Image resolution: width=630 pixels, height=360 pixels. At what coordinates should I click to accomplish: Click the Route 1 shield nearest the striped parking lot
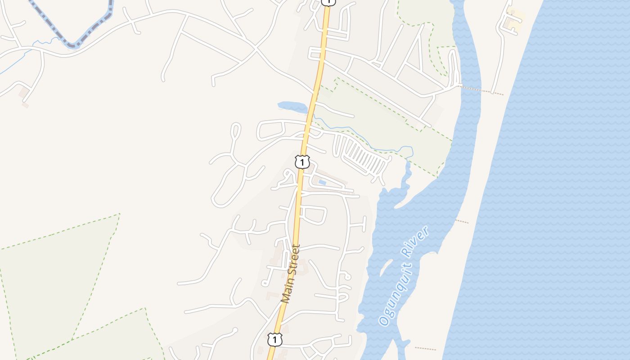point(302,162)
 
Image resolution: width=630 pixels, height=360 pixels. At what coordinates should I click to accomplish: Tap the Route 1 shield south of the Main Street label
point(274,339)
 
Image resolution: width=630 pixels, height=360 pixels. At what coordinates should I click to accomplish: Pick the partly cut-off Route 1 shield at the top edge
point(328,2)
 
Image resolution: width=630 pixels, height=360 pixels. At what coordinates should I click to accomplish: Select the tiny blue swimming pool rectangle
point(322,183)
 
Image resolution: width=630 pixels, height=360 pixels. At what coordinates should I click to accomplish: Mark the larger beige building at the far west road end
point(24,93)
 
